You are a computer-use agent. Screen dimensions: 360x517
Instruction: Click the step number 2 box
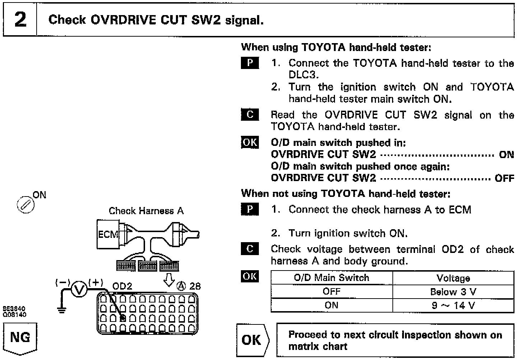tap(20, 20)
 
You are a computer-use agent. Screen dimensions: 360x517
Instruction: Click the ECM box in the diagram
tap(108, 235)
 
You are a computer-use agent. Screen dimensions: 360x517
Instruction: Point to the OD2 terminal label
tap(122, 286)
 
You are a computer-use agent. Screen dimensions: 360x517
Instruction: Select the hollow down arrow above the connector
tap(169, 280)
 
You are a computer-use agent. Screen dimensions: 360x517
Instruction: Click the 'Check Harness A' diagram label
tap(146, 211)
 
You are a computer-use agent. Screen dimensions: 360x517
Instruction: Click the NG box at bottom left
tap(20, 338)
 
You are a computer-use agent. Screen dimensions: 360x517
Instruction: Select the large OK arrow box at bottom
tap(252, 340)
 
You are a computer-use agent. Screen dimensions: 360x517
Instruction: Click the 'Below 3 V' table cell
tap(453, 292)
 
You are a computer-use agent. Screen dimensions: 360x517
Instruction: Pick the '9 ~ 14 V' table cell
tap(453, 305)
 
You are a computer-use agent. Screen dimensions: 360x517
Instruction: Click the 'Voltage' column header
tap(453, 278)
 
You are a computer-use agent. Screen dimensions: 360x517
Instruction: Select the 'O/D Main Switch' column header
tap(331, 278)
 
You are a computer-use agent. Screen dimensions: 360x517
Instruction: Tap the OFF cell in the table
tap(331, 292)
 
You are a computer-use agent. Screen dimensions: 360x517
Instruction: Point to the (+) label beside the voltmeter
tap(96, 282)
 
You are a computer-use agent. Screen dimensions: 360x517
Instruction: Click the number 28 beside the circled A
tap(195, 286)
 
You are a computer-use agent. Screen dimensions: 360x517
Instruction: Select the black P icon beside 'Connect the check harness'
tap(250, 209)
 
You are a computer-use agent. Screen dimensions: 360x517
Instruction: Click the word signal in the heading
tap(244, 20)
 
